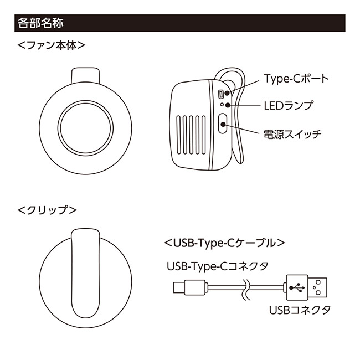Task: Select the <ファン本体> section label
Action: pyautogui.click(x=50, y=45)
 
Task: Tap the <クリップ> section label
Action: pyautogui.click(x=47, y=210)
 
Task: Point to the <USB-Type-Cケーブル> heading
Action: pyautogui.click(x=224, y=243)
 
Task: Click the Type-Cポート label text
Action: pyautogui.click(x=296, y=79)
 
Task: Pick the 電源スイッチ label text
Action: pyautogui.click(x=291, y=133)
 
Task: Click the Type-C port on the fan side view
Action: pyautogui.click(x=222, y=94)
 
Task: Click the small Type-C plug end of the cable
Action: pyautogui.click(x=178, y=287)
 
